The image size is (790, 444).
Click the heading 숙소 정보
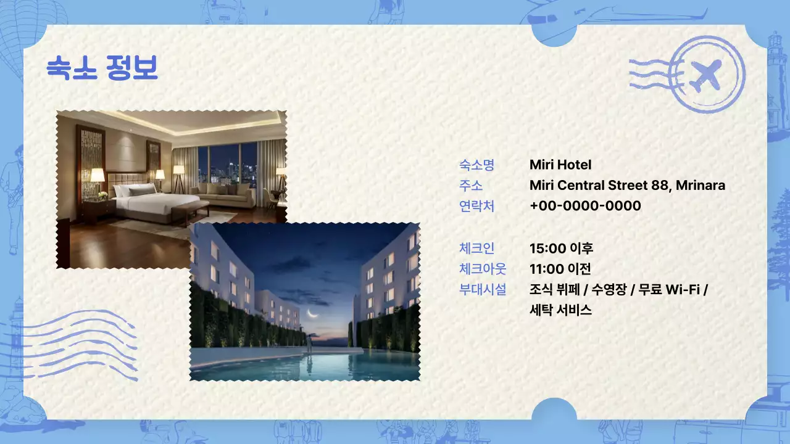(102, 68)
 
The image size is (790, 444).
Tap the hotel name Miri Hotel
(560, 165)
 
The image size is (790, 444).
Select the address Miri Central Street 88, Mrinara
(627, 185)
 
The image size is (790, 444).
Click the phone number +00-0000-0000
(585, 205)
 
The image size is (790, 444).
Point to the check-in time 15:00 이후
(561, 249)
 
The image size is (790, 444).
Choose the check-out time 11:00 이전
(560, 269)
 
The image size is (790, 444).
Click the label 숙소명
(476, 165)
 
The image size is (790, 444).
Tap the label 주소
(471, 185)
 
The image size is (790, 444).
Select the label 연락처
(476, 205)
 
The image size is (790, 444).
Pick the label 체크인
(476, 249)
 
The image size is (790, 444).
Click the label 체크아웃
(483, 269)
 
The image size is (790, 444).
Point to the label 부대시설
(483, 289)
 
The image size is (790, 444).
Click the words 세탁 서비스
(560, 310)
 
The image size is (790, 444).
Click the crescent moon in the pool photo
(313, 319)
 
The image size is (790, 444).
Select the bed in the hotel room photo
(148, 200)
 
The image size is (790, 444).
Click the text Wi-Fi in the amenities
(683, 289)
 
